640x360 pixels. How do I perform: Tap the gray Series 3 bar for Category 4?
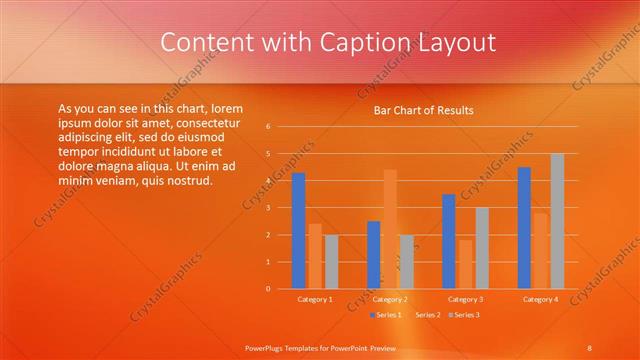[x=557, y=221]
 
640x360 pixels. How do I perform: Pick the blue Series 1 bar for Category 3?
[x=449, y=241]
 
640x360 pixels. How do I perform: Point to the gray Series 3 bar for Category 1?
[x=331, y=262]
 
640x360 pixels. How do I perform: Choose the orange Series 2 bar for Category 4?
[x=540, y=250]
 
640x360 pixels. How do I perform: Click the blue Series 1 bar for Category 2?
[x=374, y=255]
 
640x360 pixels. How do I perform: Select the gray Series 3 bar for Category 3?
[x=482, y=248]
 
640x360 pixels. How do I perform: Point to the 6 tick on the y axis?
[x=268, y=127]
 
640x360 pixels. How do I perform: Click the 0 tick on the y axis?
[x=268, y=289]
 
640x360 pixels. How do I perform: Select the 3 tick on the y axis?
[x=268, y=208]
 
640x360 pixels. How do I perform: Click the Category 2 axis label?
[x=390, y=299]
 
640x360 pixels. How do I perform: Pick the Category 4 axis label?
[x=541, y=299]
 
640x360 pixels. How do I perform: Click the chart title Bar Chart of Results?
[x=424, y=110]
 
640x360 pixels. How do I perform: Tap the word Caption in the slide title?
[x=358, y=42]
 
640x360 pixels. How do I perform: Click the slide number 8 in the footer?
[x=590, y=347]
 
